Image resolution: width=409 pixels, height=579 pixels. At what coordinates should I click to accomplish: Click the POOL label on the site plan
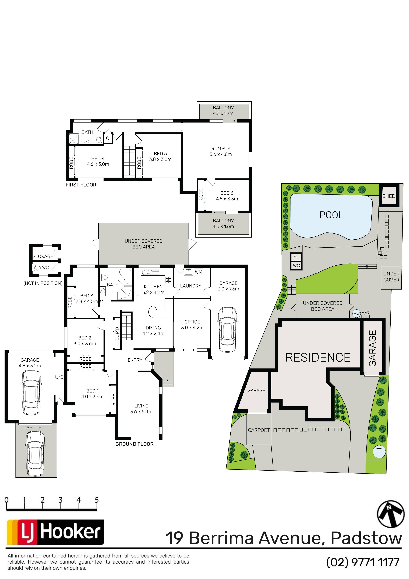click(x=331, y=215)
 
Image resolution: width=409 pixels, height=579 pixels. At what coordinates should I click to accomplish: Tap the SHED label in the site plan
click(x=389, y=196)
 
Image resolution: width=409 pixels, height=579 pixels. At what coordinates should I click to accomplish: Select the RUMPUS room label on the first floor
click(x=221, y=149)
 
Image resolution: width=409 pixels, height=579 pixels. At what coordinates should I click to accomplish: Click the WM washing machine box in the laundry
click(x=198, y=272)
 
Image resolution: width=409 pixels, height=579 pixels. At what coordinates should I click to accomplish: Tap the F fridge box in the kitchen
click(x=138, y=296)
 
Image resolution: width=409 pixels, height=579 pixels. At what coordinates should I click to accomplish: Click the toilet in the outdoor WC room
click(x=37, y=267)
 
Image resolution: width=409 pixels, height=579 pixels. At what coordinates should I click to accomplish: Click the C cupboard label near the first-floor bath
click(x=108, y=138)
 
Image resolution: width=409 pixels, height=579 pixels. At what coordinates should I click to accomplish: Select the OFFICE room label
click(x=192, y=322)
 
